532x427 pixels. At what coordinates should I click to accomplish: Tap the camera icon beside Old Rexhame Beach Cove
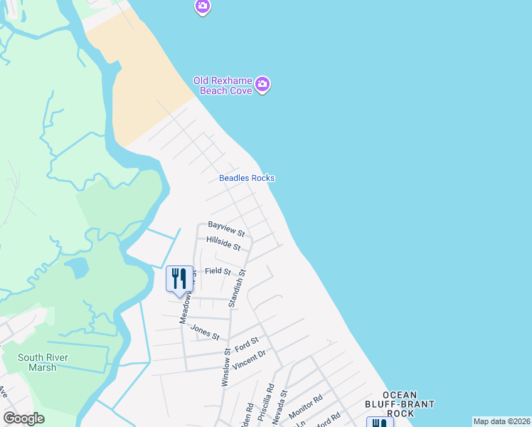pyautogui.click(x=263, y=85)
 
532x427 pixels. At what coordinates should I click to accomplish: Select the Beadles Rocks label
pyautogui.click(x=247, y=178)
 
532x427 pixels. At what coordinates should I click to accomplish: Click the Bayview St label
pyautogui.click(x=226, y=229)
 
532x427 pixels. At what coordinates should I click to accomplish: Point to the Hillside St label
pyautogui.click(x=223, y=244)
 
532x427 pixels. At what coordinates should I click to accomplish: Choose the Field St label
pyautogui.click(x=218, y=271)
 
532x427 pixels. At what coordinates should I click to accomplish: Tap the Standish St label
pyautogui.click(x=236, y=288)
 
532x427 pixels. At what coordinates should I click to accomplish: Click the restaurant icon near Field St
pyautogui.click(x=179, y=278)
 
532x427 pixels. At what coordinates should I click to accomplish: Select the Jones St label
pyautogui.click(x=205, y=332)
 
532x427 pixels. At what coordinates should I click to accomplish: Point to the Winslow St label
pyautogui.click(x=226, y=367)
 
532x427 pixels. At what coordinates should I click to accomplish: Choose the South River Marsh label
pyautogui.click(x=36, y=362)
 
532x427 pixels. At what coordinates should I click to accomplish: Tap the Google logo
pyautogui.click(x=23, y=418)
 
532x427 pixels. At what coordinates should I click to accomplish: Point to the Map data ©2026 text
pyautogui.click(x=501, y=421)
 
